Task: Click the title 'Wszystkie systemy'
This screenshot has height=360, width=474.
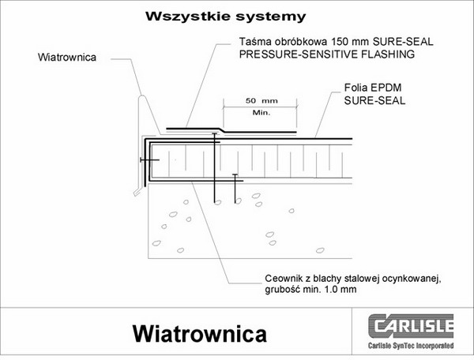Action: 225,16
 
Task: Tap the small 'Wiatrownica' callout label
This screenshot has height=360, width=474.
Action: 66,57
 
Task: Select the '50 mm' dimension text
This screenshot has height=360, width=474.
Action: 254,101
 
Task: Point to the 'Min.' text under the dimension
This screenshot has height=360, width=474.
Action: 261,113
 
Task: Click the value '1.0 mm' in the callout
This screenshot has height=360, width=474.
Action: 338,290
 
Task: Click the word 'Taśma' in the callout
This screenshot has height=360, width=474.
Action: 253,43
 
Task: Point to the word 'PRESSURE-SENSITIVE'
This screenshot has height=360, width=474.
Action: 295,55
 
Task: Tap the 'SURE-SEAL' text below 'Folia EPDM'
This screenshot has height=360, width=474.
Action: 374,101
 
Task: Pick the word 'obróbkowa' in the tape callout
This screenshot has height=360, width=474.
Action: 293,43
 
